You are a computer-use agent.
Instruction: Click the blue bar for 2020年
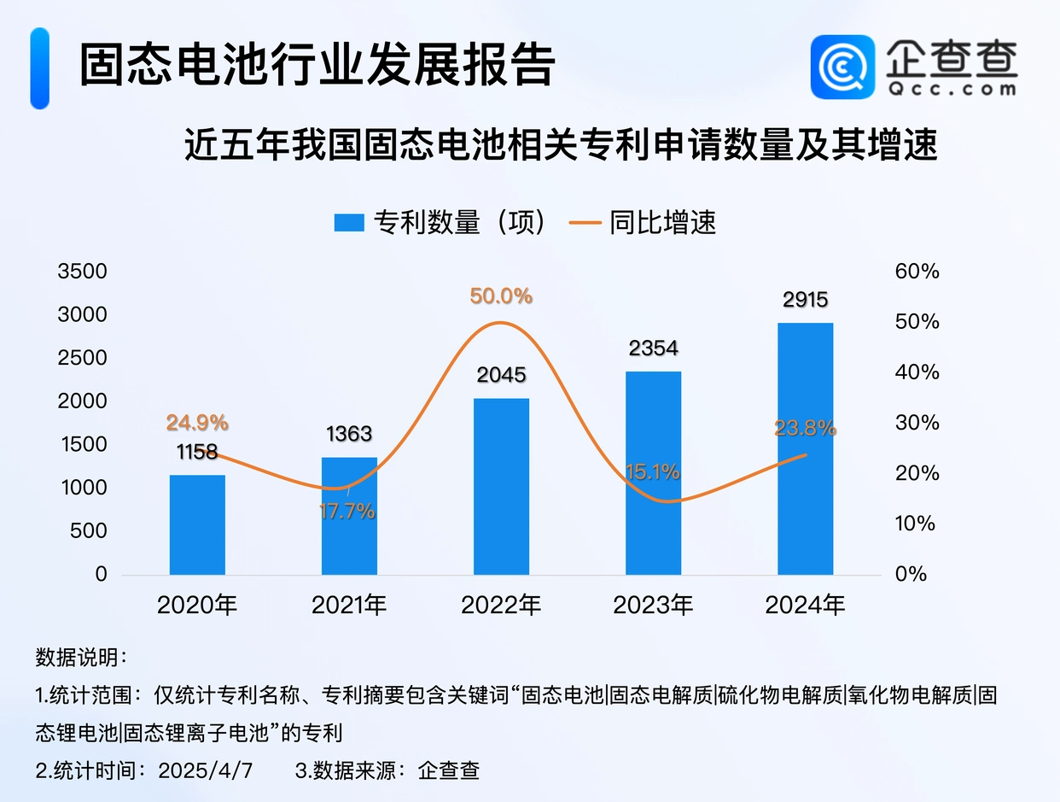click(x=197, y=524)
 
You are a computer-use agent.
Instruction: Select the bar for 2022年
click(x=501, y=486)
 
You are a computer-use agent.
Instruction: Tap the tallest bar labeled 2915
click(x=805, y=448)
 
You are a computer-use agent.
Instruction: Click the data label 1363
click(x=349, y=434)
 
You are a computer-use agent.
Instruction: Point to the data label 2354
click(x=653, y=348)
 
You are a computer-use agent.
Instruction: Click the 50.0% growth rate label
click(x=501, y=296)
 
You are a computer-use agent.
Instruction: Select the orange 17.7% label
click(x=347, y=512)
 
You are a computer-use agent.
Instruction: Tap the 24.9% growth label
click(x=197, y=423)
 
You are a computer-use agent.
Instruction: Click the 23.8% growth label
click(x=805, y=429)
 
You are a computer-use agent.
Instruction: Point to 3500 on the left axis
click(x=82, y=272)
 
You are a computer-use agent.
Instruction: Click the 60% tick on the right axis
click(x=917, y=272)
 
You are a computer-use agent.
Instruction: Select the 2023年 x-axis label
click(x=653, y=606)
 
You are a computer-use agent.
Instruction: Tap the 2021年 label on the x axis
click(x=349, y=606)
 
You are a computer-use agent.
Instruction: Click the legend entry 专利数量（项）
click(x=440, y=223)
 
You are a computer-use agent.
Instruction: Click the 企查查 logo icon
click(x=842, y=67)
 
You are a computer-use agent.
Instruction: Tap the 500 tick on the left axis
click(x=89, y=531)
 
